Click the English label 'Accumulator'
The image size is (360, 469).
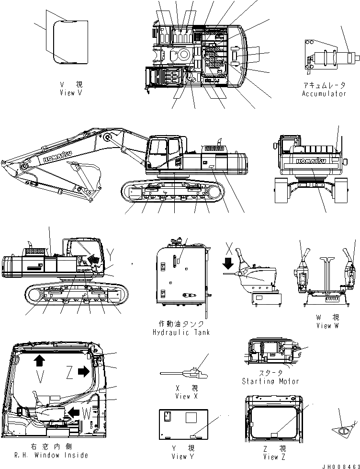[324, 94]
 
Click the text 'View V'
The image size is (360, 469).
[70, 92]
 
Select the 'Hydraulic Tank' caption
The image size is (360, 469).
[181, 332]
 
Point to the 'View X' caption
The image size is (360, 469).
[183, 396]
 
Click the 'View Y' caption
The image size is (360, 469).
[183, 457]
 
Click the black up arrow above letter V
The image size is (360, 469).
[38, 360]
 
